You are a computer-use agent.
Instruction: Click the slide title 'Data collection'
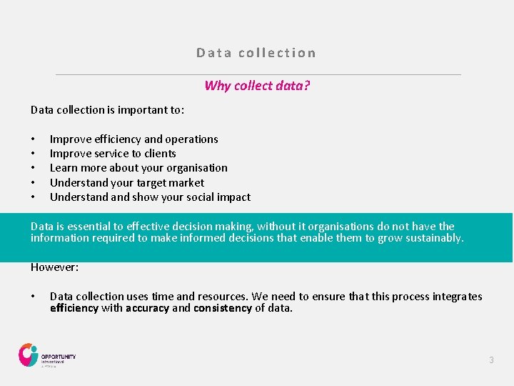click(x=256, y=53)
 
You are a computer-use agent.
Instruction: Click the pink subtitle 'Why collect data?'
click(x=257, y=86)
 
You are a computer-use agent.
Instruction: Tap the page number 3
click(x=491, y=360)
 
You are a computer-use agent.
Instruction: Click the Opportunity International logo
click(x=47, y=355)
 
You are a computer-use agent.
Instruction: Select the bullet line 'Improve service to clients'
click(x=113, y=154)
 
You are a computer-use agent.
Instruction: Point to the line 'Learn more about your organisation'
click(x=138, y=168)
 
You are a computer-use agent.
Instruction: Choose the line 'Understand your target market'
click(x=127, y=183)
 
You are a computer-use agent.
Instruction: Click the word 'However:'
click(x=54, y=267)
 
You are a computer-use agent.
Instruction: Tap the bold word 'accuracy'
click(x=147, y=309)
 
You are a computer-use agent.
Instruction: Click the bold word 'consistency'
click(x=223, y=309)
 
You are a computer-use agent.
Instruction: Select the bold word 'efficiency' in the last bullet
click(x=74, y=309)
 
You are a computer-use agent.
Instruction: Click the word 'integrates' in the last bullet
click(x=457, y=297)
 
